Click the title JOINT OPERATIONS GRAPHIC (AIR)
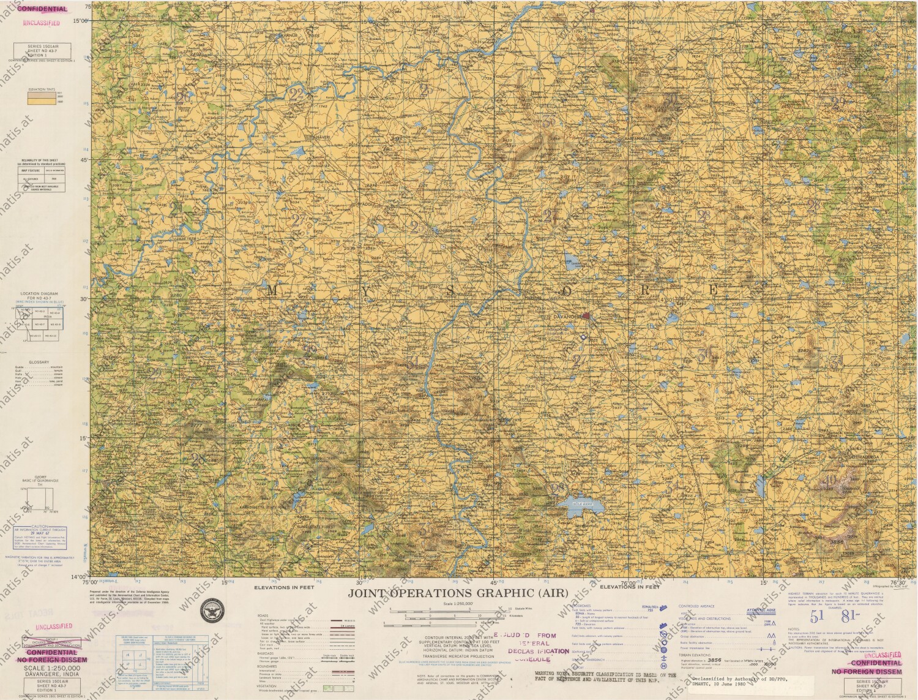click(458, 593)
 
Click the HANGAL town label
click(168, 149)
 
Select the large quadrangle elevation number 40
click(831, 480)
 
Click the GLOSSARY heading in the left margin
click(39, 362)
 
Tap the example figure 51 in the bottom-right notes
click(816, 616)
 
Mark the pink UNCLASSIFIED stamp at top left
click(42, 23)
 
